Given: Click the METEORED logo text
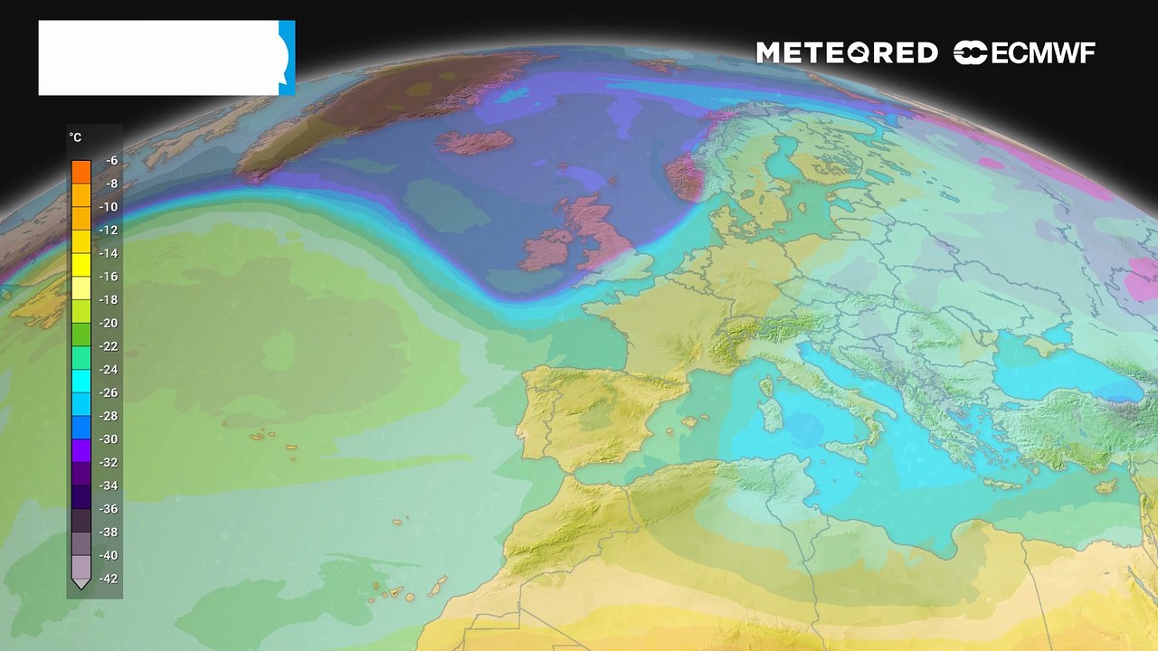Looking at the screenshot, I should [846, 53].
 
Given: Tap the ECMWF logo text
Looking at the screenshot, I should [1043, 53].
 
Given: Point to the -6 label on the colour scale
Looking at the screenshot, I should [111, 160].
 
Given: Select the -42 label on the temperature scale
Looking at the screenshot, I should [109, 579].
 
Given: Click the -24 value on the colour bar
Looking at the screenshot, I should [109, 369].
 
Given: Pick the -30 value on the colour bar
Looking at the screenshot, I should [109, 439].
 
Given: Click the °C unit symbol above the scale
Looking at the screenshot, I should [75, 137].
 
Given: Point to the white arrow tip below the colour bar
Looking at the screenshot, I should [81, 585].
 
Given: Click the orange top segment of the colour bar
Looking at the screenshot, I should [81, 170].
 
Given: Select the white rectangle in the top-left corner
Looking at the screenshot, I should [158, 58].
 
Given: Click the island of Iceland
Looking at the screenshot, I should [474, 142].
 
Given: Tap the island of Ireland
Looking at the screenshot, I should [547, 250].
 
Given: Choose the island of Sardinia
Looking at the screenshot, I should [772, 415].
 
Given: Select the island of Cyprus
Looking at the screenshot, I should [1106, 486].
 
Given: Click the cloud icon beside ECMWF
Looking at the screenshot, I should [970, 53].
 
